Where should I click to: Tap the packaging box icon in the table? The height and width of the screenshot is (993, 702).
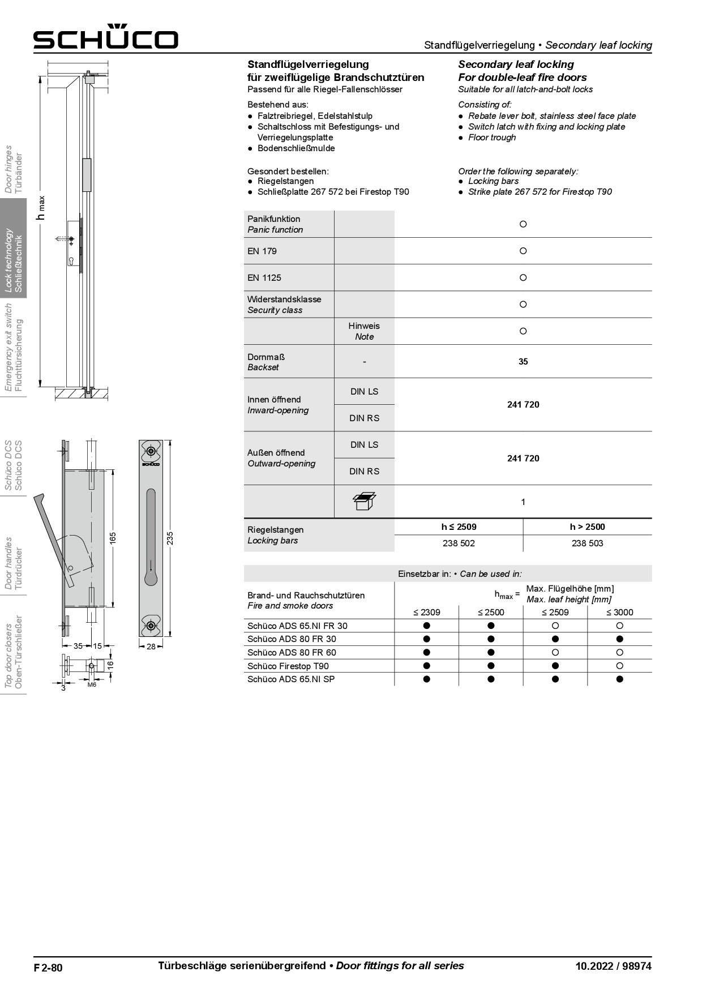tap(364, 501)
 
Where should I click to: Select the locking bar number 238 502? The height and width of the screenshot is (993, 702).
tap(459, 543)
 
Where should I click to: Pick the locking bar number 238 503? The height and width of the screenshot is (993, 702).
tap(587, 543)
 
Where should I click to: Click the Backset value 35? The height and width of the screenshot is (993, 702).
tap(523, 361)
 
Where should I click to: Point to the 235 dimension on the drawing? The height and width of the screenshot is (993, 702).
tap(170, 538)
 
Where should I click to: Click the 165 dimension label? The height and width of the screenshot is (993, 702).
tap(113, 538)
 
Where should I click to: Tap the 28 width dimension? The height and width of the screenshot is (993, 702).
tap(151, 646)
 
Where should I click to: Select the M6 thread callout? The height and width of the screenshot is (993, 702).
tap(92, 684)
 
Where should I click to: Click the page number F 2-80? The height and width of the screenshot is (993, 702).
tap(48, 968)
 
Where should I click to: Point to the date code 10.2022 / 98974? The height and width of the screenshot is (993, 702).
tap(613, 966)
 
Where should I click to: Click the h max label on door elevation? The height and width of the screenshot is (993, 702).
tap(40, 208)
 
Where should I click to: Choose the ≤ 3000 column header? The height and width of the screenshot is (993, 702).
tap(619, 612)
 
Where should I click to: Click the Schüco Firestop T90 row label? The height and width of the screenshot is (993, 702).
tap(288, 666)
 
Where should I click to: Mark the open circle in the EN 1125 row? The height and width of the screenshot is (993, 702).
tap(523, 277)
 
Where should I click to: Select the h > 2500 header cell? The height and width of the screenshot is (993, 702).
tap(587, 527)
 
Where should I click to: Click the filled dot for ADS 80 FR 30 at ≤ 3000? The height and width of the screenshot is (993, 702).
tap(619, 639)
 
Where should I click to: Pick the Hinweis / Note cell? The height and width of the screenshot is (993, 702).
tap(364, 331)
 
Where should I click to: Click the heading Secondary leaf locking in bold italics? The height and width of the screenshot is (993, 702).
tap(516, 65)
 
